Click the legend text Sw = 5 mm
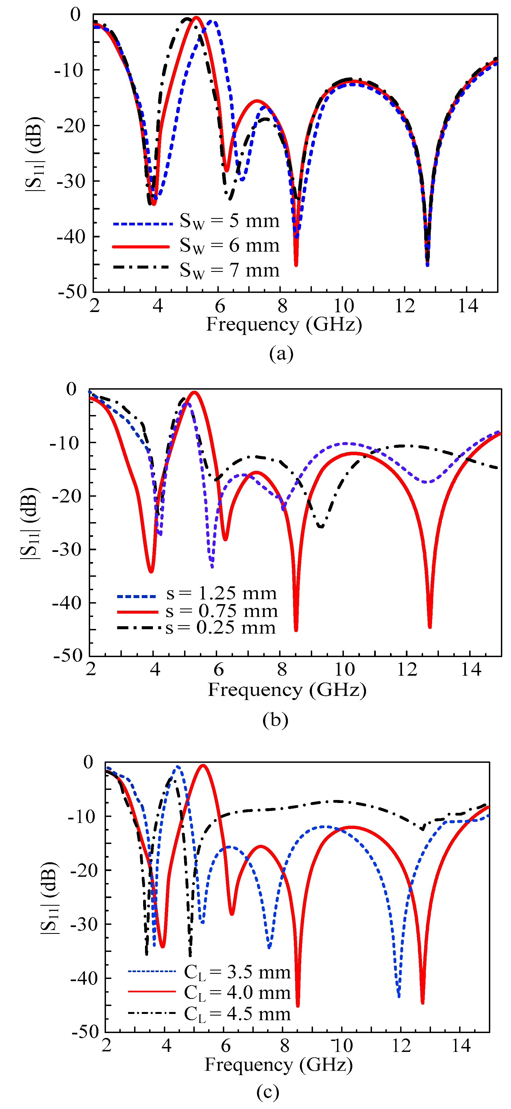(229, 221)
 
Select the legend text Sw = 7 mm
(229, 270)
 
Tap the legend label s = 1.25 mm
(221, 594)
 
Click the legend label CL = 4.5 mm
(237, 1014)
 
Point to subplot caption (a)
(281, 354)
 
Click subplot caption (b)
(275, 720)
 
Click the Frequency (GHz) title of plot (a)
(284, 324)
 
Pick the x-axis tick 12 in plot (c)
(401, 1046)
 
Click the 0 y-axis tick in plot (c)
(88, 762)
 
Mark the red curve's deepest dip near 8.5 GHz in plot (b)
(296, 630)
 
